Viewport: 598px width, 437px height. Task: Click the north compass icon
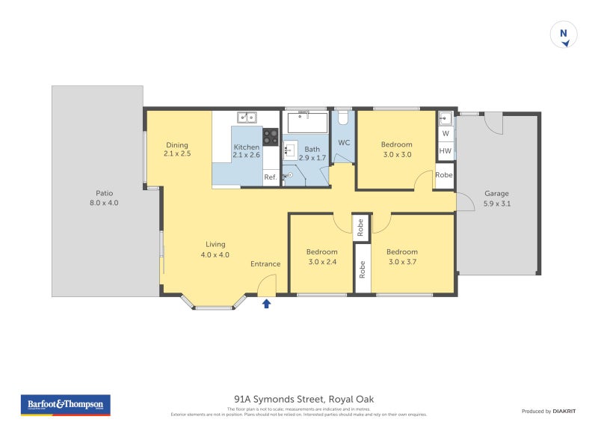tap(564, 35)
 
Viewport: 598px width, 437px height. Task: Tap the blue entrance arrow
tap(267, 302)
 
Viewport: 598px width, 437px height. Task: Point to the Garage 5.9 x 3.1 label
tap(496, 198)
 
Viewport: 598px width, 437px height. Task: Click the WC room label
tap(344, 142)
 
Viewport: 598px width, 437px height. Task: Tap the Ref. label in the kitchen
tap(271, 177)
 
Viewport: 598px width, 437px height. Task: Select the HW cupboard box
tap(446, 151)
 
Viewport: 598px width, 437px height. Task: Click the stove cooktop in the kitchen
tap(271, 137)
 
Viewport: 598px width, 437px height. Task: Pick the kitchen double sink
tap(247, 117)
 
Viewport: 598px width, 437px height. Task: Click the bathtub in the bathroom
tap(307, 121)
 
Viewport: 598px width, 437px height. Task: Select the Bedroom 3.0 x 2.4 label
tap(321, 257)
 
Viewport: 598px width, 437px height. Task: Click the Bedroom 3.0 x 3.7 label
tap(402, 257)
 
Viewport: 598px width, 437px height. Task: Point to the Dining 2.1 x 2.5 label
tap(177, 149)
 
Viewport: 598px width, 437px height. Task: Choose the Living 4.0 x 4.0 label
tap(215, 249)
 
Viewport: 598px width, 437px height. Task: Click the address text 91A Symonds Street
tap(303, 400)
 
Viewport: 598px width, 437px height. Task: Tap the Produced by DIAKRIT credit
tap(552, 411)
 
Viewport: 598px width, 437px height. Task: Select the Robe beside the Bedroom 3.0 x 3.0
tap(444, 175)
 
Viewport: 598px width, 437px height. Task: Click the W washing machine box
tap(446, 134)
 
